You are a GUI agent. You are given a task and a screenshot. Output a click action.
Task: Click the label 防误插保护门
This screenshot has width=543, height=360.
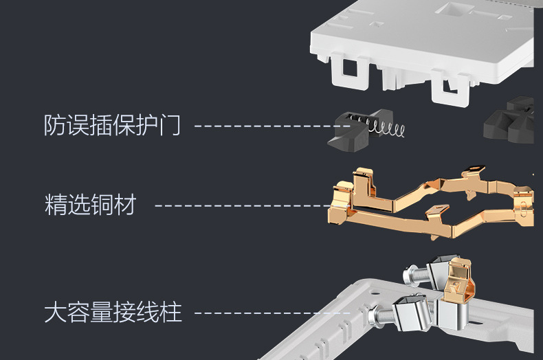tap(112, 126)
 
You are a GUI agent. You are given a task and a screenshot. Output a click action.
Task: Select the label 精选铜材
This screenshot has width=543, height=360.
tap(90, 205)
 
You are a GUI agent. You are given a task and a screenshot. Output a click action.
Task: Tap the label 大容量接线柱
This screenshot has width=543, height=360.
tap(113, 313)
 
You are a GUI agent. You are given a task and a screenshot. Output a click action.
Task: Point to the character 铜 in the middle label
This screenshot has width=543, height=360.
tap(101, 205)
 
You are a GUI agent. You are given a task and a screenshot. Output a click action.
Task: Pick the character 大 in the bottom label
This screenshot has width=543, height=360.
tap(55, 313)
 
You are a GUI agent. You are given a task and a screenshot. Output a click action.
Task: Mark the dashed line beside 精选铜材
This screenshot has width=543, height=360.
tap(241, 205)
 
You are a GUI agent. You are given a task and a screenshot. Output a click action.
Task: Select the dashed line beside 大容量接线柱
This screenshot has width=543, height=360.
tap(271, 313)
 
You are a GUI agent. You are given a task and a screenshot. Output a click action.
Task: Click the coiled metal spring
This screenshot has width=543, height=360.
tap(390, 128)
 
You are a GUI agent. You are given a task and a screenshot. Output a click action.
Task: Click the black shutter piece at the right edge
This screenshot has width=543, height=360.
tap(512, 121)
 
